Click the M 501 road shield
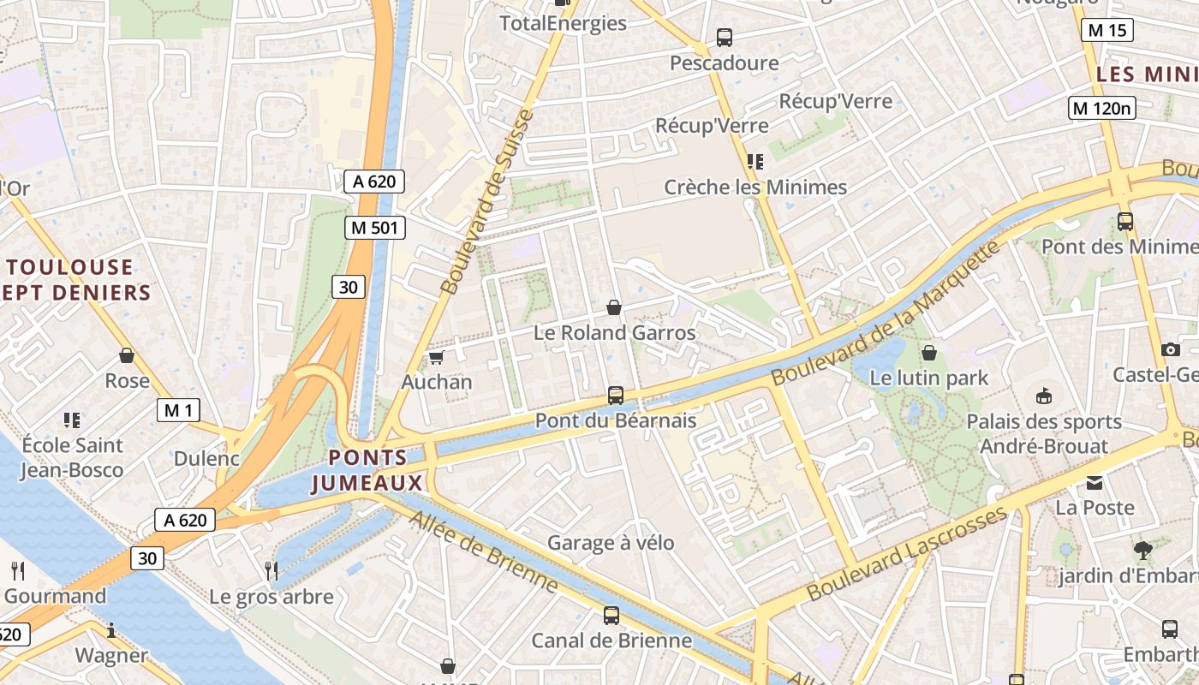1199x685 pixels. click(374, 228)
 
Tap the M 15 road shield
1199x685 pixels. click(1107, 31)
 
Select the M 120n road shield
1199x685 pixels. click(1102, 108)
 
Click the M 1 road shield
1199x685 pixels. click(178, 410)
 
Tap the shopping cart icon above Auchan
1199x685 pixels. click(436, 357)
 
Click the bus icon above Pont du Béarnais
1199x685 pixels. click(615, 395)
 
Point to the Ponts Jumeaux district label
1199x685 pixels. click(367, 470)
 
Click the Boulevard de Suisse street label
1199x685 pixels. click(487, 202)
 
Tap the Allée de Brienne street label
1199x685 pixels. click(483, 551)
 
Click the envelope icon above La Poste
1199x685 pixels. click(1095, 483)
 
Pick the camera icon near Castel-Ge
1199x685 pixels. click(1170, 349)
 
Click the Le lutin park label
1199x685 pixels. click(928, 378)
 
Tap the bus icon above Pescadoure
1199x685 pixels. click(724, 38)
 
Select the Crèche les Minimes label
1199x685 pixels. click(755, 187)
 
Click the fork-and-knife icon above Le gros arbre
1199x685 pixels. click(271, 570)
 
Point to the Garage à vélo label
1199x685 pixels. click(611, 543)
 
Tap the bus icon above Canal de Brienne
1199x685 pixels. click(611, 615)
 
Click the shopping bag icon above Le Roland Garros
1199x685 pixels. click(614, 307)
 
